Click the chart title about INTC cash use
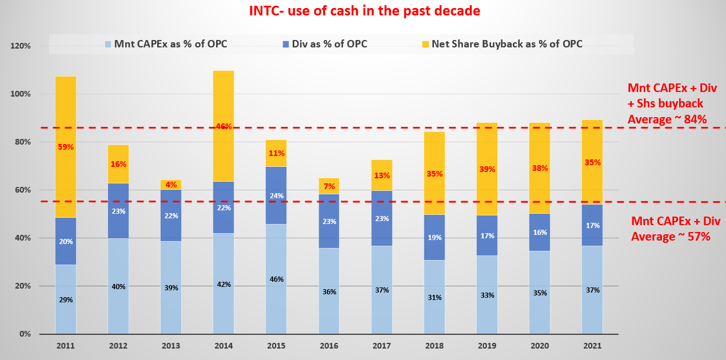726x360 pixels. (x=364, y=11)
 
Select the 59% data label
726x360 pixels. (x=66, y=147)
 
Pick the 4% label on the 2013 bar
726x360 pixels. (x=171, y=185)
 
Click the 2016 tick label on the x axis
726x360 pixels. (x=329, y=346)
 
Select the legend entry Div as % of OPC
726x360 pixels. (x=329, y=44)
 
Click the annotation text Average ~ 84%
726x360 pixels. (x=667, y=119)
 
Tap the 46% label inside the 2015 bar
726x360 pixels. (x=276, y=279)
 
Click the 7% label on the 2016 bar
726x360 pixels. (x=329, y=187)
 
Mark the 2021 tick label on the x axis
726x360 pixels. (x=592, y=346)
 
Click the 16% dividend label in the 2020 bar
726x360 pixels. (x=540, y=233)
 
